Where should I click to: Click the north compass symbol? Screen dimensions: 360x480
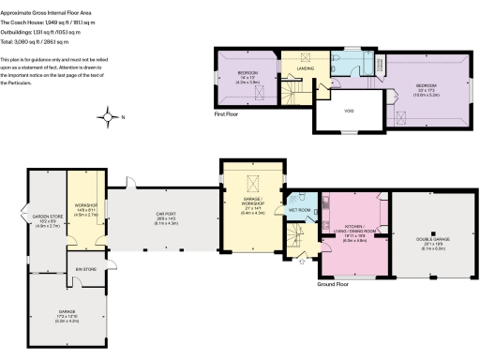pyautogui.click(x=110, y=117)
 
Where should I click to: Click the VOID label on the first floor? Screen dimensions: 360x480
pyautogui.click(x=344, y=117)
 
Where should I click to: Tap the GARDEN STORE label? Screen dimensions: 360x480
pyautogui.click(x=47, y=219)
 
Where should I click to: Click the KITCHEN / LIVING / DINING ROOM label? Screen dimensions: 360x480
pyautogui.click(x=353, y=230)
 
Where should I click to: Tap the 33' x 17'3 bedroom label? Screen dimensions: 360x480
pyautogui.click(x=427, y=90)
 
